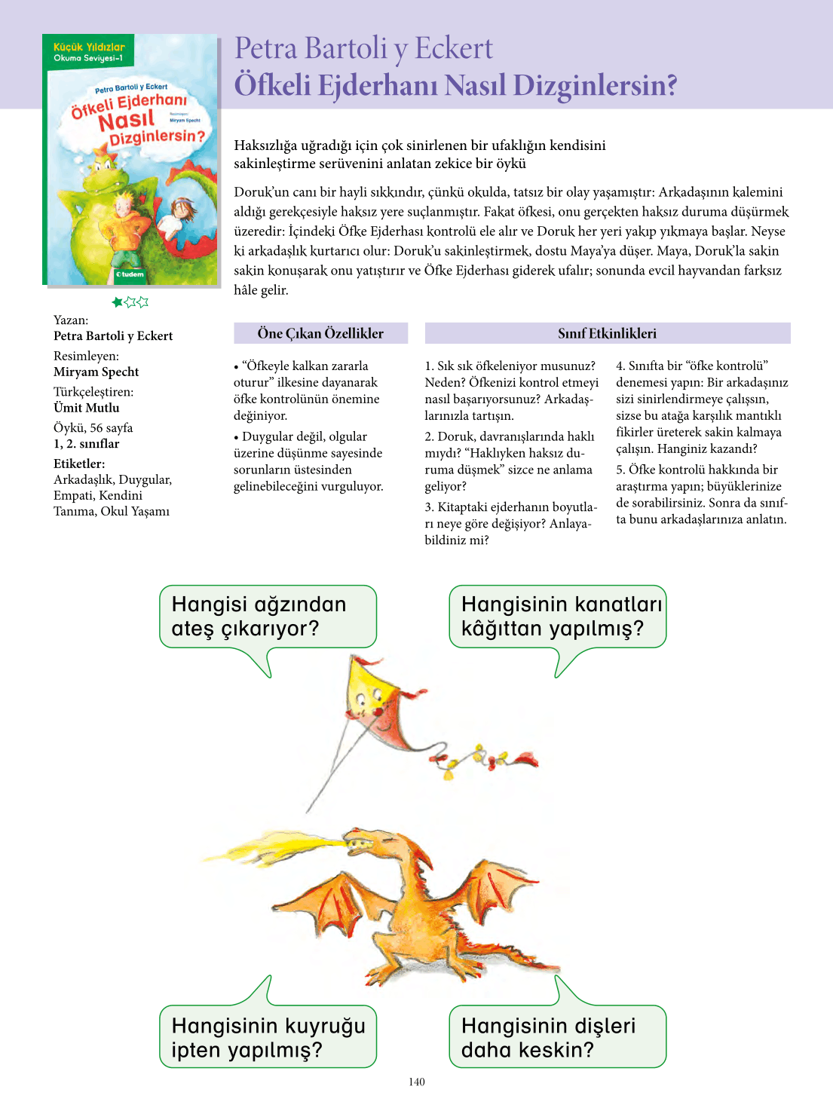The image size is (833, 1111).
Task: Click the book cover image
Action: tap(130, 160)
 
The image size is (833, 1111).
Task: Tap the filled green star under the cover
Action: tap(118, 302)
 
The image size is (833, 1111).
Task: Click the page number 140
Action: tap(417, 1082)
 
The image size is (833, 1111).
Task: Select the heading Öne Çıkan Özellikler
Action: tap(320, 333)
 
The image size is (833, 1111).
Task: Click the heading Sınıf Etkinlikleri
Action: tap(607, 333)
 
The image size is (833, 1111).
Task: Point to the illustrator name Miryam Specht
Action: tap(96, 372)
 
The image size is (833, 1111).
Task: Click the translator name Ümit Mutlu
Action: tap(87, 408)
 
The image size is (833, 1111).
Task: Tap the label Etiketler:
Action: tap(79, 464)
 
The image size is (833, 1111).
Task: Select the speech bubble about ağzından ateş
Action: tap(267, 617)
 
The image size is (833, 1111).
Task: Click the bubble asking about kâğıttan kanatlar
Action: tap(557, 617)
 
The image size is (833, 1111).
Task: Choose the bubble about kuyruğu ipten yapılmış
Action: tap(267, 1036)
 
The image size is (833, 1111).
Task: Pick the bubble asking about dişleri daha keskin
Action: tap(557, 1036)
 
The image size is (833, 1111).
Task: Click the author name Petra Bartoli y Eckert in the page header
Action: tap(363, 48)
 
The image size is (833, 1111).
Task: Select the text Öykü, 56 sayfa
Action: tap(93, 427)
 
